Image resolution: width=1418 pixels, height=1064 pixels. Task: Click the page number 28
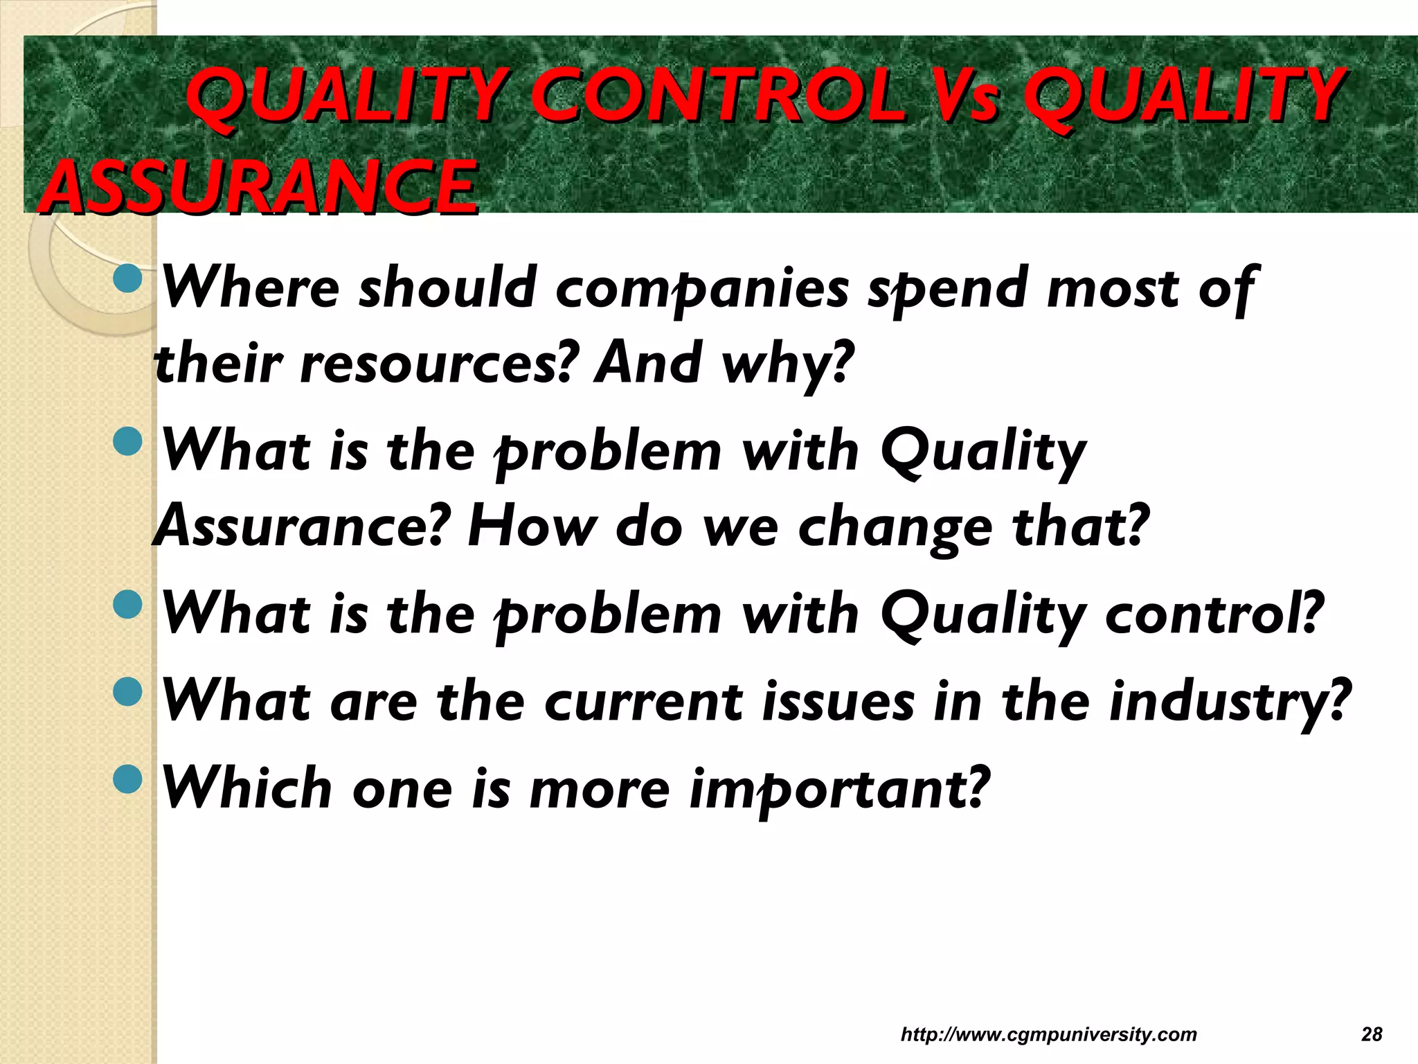coord(1371,1035)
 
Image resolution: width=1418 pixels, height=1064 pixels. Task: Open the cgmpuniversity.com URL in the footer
coord(1048,1035)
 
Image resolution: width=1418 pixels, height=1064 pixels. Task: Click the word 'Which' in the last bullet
coord(246,789)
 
